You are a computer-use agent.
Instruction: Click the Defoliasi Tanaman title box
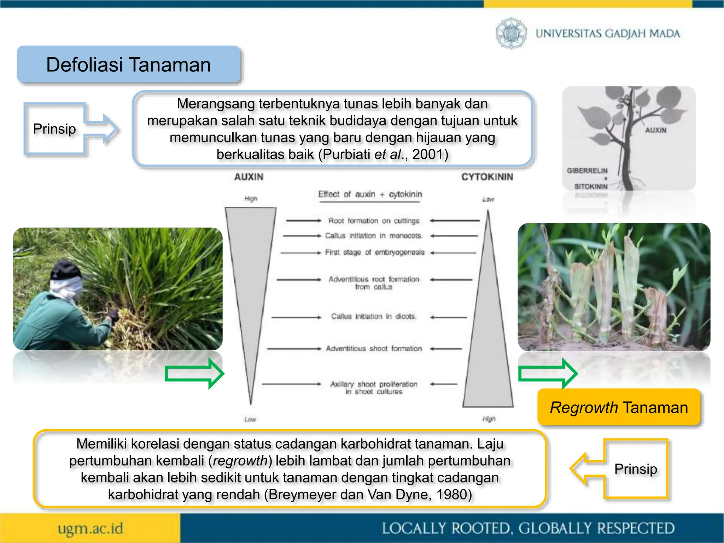129,65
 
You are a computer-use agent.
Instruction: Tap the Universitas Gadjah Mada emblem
511,33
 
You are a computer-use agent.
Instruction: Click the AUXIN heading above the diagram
249,177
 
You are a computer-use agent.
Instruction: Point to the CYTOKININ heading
487,177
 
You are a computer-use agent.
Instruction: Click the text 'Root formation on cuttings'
374,221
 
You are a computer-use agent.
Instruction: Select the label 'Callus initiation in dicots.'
374,316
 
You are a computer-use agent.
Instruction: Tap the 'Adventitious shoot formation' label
374,349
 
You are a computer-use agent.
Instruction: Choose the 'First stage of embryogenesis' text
374,252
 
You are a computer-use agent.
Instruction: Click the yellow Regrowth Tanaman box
619,408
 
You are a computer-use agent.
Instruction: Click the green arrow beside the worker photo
194,374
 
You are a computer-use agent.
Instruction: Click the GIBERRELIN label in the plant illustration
587,171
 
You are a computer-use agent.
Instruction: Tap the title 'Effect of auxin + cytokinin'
370,194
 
